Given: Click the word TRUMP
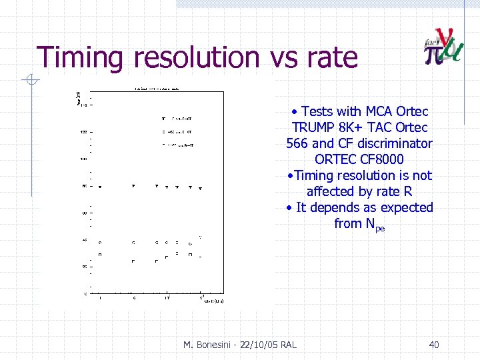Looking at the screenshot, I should coord(314,127).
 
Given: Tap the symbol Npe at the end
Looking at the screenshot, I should coord(375,225).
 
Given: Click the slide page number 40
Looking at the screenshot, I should coord(433,344).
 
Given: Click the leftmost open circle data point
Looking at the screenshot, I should coord(100,242).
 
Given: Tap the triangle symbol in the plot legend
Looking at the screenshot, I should coord(163,119).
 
